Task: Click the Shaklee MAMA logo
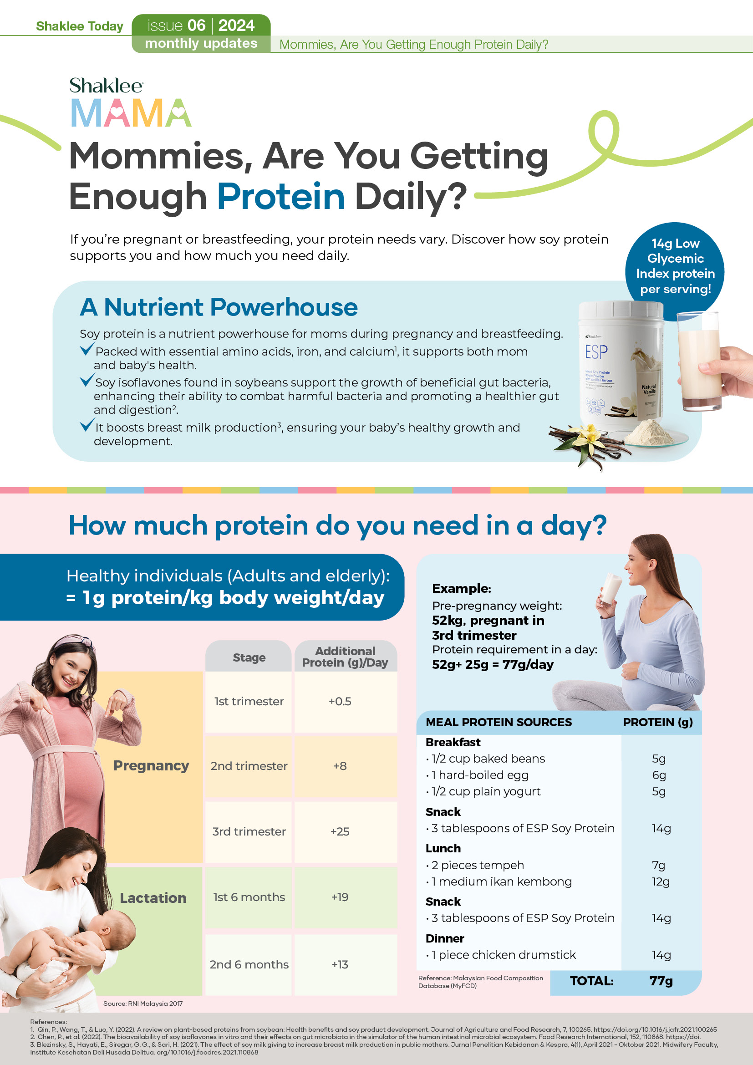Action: (x=130, y=102)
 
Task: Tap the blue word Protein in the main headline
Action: (x=281, y=196)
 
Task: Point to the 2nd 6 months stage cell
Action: (x=249, y=964)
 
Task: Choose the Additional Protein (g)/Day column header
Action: (x=345, y=657)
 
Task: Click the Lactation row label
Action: (x=153, y=898)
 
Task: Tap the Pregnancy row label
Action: (x=151, y=765)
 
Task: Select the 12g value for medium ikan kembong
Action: (x=661, y=882)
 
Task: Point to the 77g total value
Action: (x=661, y=981)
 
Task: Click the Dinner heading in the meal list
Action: (x=445, y=938)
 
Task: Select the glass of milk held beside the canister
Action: (x=699, y=362)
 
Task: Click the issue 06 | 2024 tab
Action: (x=201, y=25)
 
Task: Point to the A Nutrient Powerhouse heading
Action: (x=219, y=307)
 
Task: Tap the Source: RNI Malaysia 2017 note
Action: (x=143, y=1004)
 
